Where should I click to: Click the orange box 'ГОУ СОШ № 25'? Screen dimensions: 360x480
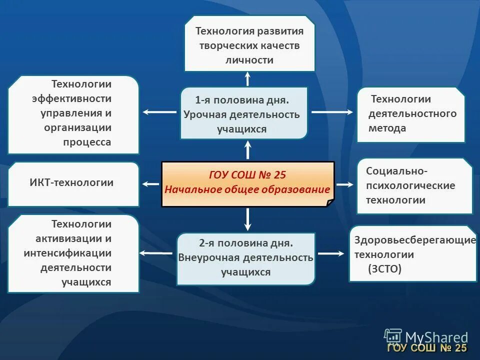click(x=247, y=183)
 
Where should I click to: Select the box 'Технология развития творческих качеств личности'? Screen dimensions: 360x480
click(x=249, y=44)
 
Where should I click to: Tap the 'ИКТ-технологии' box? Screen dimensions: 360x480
click(x=73, y=183)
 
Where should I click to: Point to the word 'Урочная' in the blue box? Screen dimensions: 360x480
click(x=205, y=114)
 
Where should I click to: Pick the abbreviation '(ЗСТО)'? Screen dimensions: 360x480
click(x=384, y=269)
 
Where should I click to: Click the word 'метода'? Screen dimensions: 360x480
click(x=387, y=128)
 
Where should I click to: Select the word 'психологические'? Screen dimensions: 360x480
click(x=410, y=185)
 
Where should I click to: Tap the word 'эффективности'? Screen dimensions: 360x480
click(x=72, y=98)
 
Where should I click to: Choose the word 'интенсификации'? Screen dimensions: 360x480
click(x=67, y=253)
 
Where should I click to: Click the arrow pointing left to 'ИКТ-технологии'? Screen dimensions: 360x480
click(x=151, y=184)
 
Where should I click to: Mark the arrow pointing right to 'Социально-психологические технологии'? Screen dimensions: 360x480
click(x=344, y=184)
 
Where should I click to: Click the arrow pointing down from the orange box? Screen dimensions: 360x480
click(x=247, y=219)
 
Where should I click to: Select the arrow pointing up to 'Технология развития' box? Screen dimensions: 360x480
click(x=247, y=78)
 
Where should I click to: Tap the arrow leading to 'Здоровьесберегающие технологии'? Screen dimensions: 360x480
click(x=331, y=253)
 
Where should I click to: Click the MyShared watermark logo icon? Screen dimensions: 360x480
click(x=393, y=336)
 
